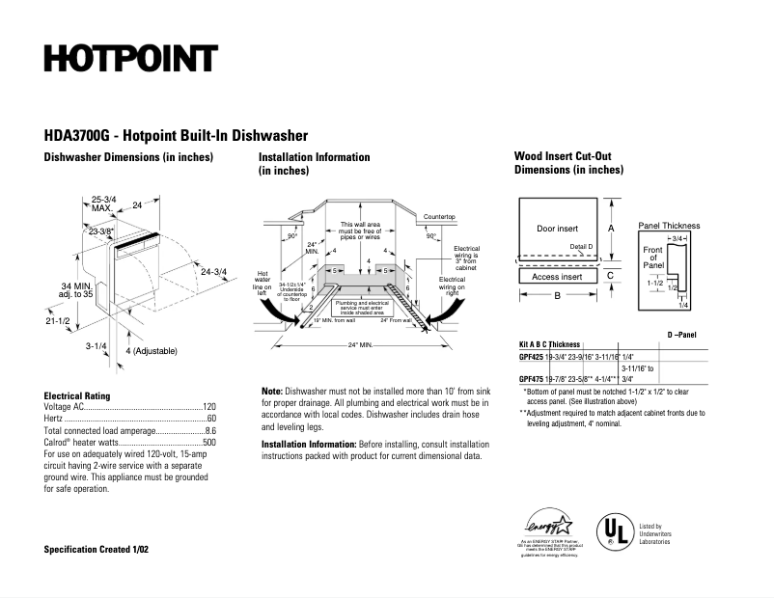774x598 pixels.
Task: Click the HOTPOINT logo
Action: (x=129, y=58)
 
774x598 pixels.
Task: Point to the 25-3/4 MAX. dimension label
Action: (x=103, y=203)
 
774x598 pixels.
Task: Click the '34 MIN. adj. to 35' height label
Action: (x=78, y=291)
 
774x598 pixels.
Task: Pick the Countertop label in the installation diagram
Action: (x=439, y=217)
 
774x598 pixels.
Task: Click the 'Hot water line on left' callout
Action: (x=263, y=280)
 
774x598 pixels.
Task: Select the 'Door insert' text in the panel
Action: (x=557, y=229)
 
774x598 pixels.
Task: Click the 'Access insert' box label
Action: (x=557, y=277)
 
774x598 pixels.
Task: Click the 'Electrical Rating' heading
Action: (x=77, y=395)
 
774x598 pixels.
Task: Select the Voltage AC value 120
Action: (x=208, y=408)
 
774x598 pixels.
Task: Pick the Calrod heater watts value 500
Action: (x=208, y=443)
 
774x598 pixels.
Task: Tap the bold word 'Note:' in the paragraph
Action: (x=272, y=391)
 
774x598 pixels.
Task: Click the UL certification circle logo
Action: (x=612, y=530)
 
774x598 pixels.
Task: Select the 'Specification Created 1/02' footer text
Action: (x=97, y=549)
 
